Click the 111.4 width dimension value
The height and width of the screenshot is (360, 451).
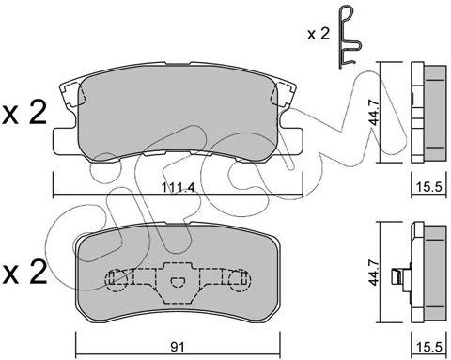[179, 188]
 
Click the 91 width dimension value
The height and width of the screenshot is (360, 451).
[178, 347]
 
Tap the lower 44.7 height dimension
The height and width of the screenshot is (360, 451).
[374, 272]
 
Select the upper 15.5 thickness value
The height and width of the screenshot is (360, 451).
[428, 187]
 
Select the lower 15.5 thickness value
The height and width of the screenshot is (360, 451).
[428, 347]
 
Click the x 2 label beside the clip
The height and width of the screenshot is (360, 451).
[319, 34]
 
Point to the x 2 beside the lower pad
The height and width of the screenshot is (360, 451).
[24, 273]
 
